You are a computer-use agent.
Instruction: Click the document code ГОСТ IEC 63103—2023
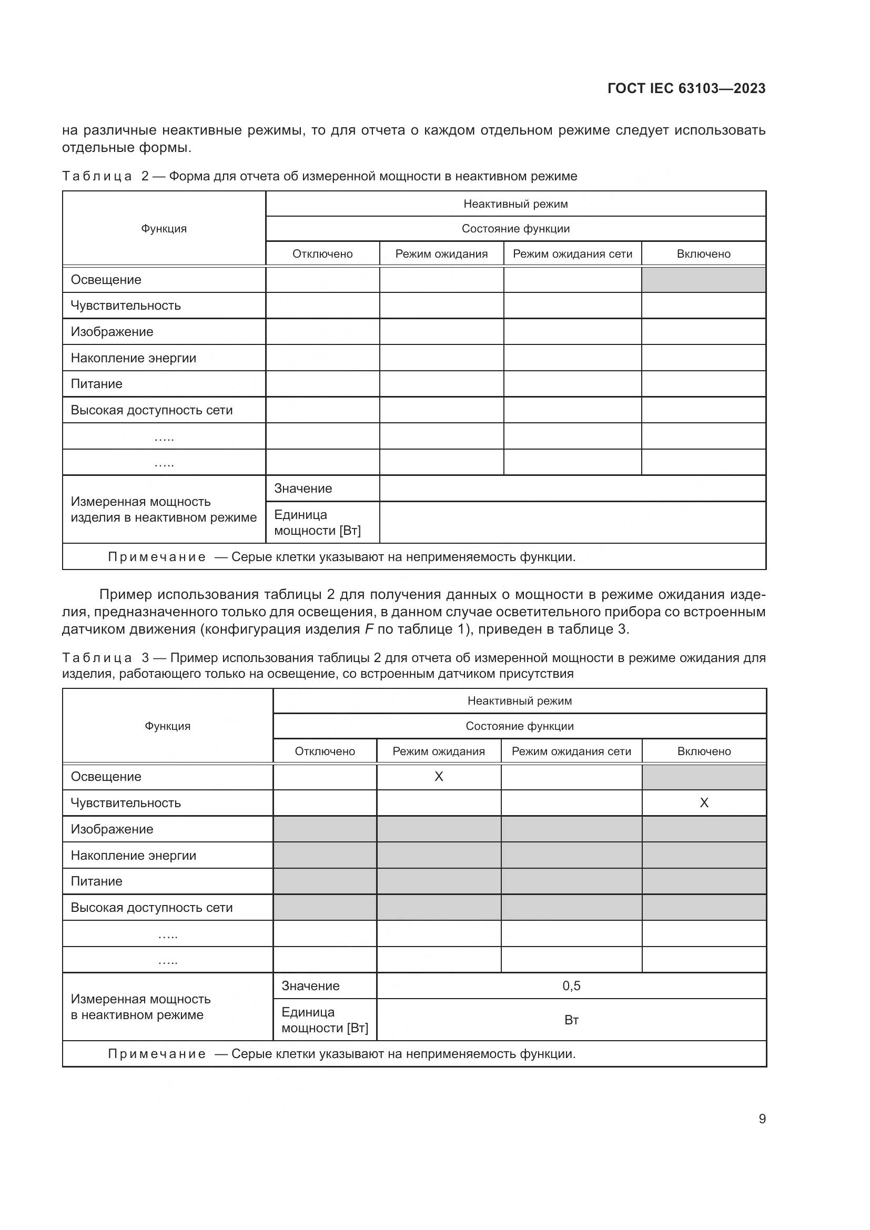pyautogui.click(x=686, y=88)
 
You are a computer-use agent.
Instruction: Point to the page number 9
pyautogui.click(x=762, y=1119)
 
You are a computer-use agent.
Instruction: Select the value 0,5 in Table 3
pyautogui.click(x=571, y=985)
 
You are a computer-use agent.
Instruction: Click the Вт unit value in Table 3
pyautogui.click(x=571, y=1020)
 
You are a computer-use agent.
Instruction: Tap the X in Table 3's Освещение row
pyautogui.click(x=439, y=777)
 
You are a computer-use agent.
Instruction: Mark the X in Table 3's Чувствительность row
pyautogui.click(x=704, y=802)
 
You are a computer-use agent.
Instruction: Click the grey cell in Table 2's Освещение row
pyautogui.click(x=703, y=280)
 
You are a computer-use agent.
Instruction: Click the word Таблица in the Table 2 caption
pyautogui.click(x=97, y=176)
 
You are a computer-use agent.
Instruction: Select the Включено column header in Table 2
pyautogui.click(x=703, y=254)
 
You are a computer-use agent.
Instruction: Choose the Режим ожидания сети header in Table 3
pyautogui.click(x=571, y=751)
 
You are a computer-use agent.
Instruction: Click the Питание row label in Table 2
pyautogui.click(x=96, y=383)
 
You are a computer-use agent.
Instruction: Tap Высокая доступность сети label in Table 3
pyautogui.click(x=151, y=908)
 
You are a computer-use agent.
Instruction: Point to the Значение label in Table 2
pyautogui.click(x=303, y=488)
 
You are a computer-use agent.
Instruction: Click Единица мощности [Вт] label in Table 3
pyautogui.click(x=325, y=1020)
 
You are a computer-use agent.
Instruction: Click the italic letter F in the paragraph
pyautogui.click(x=369, y=629)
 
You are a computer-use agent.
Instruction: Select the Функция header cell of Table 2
pyautogui.click(x=164, y=229)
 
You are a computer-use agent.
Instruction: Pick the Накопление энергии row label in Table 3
pyautogui.click(x=134, y=856)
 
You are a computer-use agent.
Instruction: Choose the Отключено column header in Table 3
pyautogui.click(x=325, y=751)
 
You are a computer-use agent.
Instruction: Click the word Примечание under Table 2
pyautogui.click(x=156, y=557)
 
